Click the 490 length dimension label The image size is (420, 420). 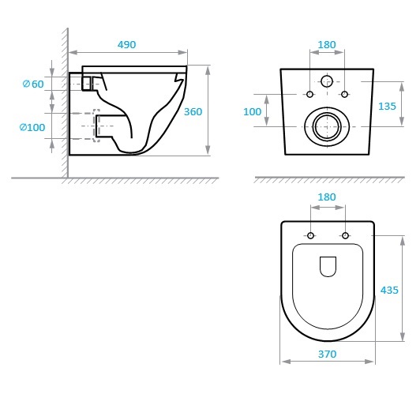point(126,44)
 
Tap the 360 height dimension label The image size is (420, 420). point(193,111)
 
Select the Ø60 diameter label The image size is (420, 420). point(33,84)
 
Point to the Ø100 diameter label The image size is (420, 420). point(32,127)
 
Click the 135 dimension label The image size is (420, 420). point(387,107)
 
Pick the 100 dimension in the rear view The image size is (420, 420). point(253,111)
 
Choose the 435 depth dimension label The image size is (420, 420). point(389,290)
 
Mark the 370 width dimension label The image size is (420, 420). point(327,354)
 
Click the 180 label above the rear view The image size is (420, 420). point(327,45)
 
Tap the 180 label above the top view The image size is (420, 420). point(327,197)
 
